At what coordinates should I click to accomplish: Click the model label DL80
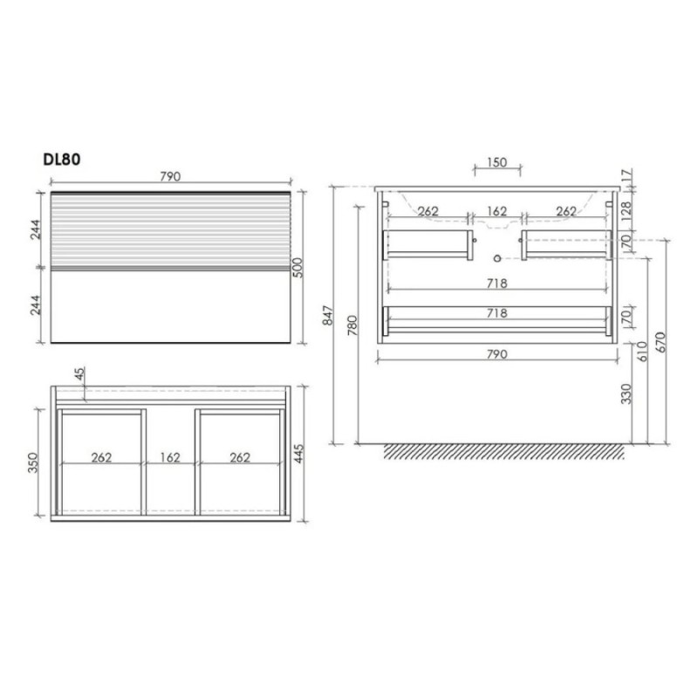pyautogui.click(x=61, y=160)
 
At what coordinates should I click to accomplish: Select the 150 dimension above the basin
pyautogui.click(x=496, y=162)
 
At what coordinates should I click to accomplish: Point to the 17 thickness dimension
pyautogui.click(x=626, y=176)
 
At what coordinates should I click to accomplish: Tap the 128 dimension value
pyautogui.click(x=626, y=211)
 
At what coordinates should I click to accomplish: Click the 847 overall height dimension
pyautogui.click(x=328, y=315)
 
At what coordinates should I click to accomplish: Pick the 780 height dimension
pyautogui.click(x=352, y=325)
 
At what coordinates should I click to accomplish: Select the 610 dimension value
pyautogui.click(x=642, y=352)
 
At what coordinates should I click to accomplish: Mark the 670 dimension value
pyautogui.click(x=660, y=342)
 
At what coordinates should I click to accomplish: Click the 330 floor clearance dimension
pyautogui.click(x=626, y=393)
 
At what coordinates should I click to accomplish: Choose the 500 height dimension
pyautogui.click(x=298, y=268)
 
